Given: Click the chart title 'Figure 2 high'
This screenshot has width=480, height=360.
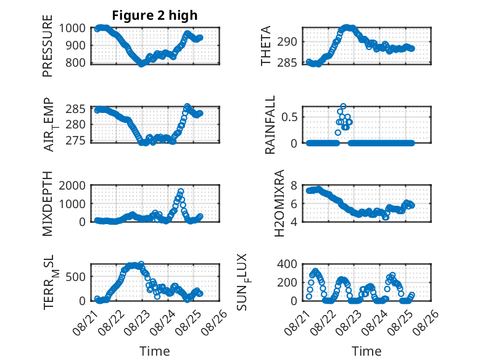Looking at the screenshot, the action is (x=155, y=15).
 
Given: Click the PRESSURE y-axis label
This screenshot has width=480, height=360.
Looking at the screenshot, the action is (x=48, y=46).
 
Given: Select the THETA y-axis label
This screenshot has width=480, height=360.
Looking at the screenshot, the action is (x=266, y=46).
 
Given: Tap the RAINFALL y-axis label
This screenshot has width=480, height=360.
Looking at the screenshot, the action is (x=270, y=125).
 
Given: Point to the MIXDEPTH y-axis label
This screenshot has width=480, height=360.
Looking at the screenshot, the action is (x=48, y=204).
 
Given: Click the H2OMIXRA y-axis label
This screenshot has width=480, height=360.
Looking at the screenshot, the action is (x=279, y=203).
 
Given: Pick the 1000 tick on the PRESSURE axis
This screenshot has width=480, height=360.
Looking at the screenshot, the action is (x=72, y=28).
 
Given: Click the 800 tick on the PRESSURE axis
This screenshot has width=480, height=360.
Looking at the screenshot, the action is (x=76, y=63).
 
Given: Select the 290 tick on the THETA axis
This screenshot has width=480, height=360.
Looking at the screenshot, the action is (x=287, y=42).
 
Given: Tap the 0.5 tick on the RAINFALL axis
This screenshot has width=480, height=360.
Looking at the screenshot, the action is (x=289, y=117).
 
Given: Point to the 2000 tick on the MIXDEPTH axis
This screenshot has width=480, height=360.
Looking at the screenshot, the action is (x=72, y=186).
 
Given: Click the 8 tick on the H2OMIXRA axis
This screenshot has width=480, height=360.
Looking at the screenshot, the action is (x=294, y=186).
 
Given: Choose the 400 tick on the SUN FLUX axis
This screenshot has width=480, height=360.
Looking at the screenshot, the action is (x=287, y=264).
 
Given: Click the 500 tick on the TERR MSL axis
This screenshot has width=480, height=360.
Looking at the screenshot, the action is (x=76, y=277).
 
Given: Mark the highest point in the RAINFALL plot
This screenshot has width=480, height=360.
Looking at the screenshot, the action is (x=343, y=106).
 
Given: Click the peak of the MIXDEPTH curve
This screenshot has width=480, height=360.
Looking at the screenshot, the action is (x=181, y=191).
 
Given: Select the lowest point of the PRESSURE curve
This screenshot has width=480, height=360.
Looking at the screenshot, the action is (x=141, y=64).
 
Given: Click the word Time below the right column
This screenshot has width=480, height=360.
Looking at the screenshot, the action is (x=366, y=351).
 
